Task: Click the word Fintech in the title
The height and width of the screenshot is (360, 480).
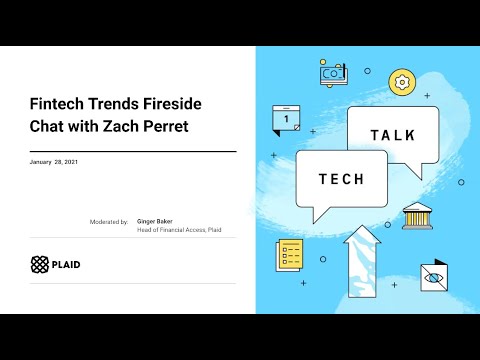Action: click(57, 103)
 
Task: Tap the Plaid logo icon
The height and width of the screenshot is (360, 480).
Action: click(39, 265)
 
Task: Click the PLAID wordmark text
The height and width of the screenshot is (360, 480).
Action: click(67, 265)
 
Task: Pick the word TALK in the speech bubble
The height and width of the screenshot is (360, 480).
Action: click(392, 135)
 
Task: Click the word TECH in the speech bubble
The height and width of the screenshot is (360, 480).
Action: click(341, 180)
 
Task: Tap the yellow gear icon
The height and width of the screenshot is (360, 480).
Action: click(402, 81)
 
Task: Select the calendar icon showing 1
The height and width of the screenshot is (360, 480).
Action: click(287, 119)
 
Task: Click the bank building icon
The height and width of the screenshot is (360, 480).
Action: click(416, 215)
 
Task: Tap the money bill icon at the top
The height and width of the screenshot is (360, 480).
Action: click(333, 73)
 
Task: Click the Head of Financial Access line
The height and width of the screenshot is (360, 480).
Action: click(179, 229)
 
